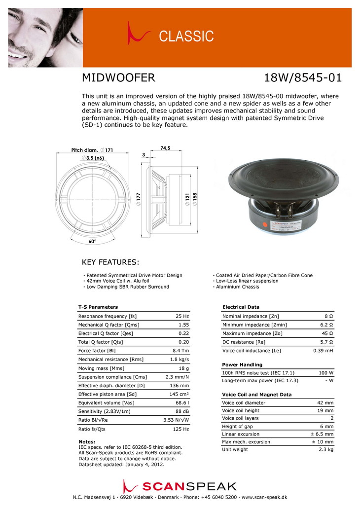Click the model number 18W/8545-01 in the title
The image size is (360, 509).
pyautogui.click(x=303, y=78)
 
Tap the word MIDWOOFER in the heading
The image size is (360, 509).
pyautogui.click(x=118, y=78)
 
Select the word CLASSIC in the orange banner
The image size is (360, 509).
pyautogui.click(x=186, y=36)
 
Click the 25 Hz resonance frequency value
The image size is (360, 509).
pyautogui.click(x=182, y=316)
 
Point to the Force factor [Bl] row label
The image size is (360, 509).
pyautogui.click(x=97, y=351)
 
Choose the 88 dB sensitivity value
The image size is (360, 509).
pyautogui.click(x=182, y=411)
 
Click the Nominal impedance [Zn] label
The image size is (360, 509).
pyautogui.click(x=251, y=316)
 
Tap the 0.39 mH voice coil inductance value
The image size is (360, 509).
pyautogui.click(x=324, y=351)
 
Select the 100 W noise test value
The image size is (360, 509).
pyautogui.click(x=325, y=373)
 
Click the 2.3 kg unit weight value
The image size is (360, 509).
pyautogui.click(x=326, y=450)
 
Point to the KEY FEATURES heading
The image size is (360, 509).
pyautogui.click(x=110, y=261)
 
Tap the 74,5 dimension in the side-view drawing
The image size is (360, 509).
pyautogui.click(x=165, y=148)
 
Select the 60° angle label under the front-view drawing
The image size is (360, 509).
pyautogui.click(x=92, y=242)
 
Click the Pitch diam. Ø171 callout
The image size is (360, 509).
pyautogui.click(x=93, y=149)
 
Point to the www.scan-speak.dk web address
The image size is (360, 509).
pyautogui.click(x=264, y=498)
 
